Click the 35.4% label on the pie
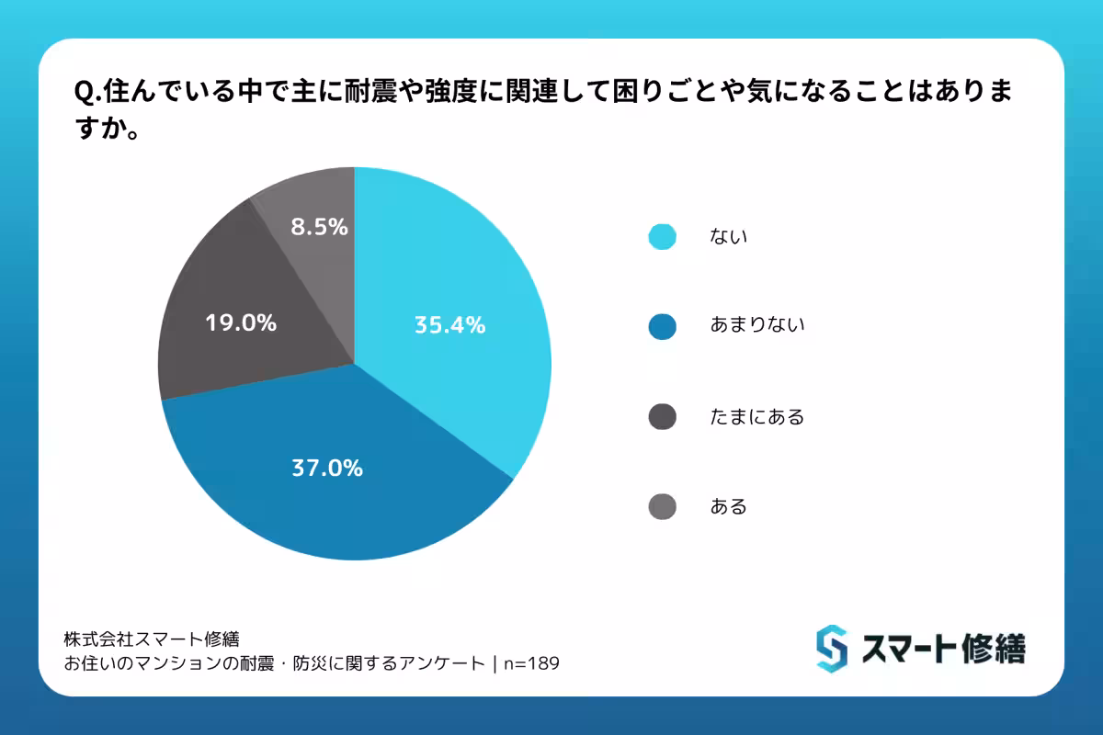[449, 324]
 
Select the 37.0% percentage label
[327, 468]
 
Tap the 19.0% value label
[240, 322]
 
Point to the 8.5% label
[319, 227]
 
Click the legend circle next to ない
[662, 236]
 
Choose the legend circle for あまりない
[662, 326]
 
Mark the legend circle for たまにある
[662, 416]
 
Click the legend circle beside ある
[662, 506]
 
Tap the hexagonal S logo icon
[831, 649]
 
